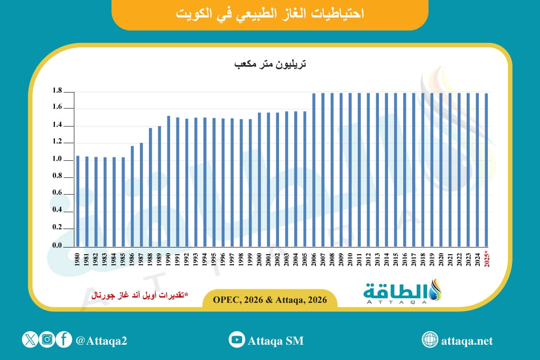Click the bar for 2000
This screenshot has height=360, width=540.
259,180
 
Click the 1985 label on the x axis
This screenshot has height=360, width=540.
123,260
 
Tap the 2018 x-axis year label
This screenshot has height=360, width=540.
423,260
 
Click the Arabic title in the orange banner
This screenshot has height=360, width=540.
269,13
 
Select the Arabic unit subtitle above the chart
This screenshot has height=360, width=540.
270,65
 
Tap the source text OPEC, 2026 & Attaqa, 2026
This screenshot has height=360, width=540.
270,299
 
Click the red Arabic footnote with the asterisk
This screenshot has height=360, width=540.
140,295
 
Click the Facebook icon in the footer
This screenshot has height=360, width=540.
64,340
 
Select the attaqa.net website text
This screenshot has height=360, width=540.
468,341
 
